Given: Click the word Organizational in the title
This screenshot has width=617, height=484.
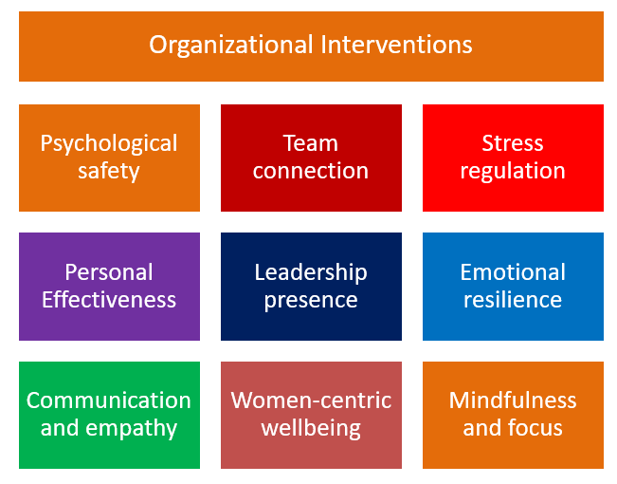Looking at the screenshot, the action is pyautogui.click(x=231, y=46).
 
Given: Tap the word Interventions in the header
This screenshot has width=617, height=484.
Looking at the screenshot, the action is pyautogui.click(x=396, y=45).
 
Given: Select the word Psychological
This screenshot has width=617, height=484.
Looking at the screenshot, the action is pyautogui.click(x=109, y=144).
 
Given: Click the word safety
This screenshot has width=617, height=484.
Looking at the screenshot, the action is pyautogui.click(x=109, y=172).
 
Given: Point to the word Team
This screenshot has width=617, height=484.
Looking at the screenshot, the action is pyautogui.click(x=311, y=142).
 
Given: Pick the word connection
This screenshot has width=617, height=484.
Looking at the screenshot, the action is pyautogui.click(x=311, y=171).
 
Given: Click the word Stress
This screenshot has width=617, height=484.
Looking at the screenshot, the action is pyautogui.click(x=513, y=142).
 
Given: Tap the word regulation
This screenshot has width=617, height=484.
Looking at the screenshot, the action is pyautogui.click(x=513, y=172).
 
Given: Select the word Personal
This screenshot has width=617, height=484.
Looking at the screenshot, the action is pyautogui.click(x=109, y=272).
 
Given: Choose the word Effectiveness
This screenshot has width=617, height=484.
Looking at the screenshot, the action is pyautogui.click(x=109, y=300).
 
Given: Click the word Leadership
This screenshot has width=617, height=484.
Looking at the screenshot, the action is pyautogui.click(x=311, y=272).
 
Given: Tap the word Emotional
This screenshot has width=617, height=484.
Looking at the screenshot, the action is pyautogui.click(x=513, y=272).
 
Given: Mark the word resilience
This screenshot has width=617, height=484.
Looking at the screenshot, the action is pyautogui.click(x=513, y=300).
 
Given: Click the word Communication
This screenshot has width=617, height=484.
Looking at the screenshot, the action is pyautogui.click(x=109, y=400).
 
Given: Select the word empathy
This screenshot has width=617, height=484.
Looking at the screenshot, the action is pyautogui.click(x=132, y=429).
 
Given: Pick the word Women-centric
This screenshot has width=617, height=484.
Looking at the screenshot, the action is pyautogui.click(x=311, y=400).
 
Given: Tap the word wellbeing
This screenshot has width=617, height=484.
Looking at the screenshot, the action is pyautogui.click(x=311, y=429).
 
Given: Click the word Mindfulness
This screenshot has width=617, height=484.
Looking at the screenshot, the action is pyautogui.click(x=513, y=400).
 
